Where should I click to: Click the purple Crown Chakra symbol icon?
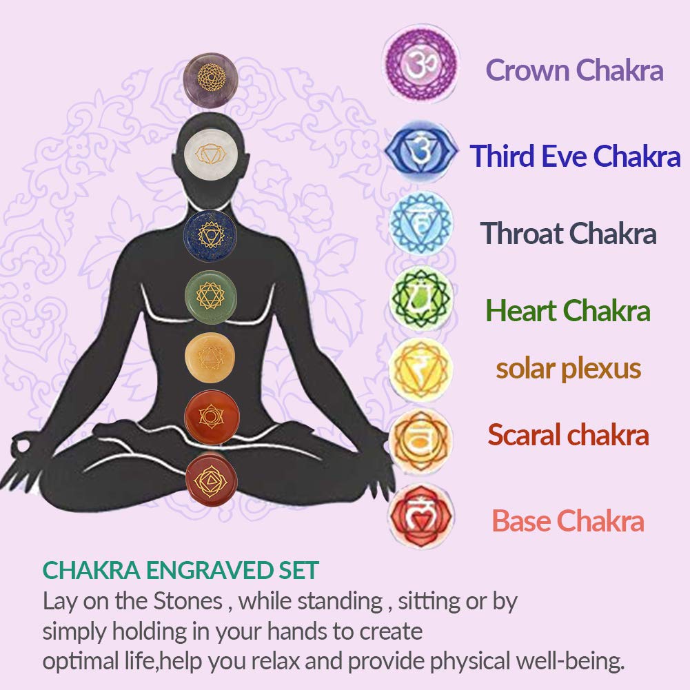(x=421, y=64)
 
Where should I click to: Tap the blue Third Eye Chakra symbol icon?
(x=421, y=151)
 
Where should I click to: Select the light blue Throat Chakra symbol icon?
(x=421, y=223)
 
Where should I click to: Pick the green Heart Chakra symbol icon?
(x=421, y=298)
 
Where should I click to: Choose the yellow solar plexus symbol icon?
(x=421, y=369)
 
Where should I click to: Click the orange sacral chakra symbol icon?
(x=421, y=440)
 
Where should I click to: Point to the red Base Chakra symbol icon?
(x=421, y=516)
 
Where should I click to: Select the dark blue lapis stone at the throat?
(x=210, y=236)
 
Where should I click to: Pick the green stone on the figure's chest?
(x=211, y=298)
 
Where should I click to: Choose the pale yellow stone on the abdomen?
(x=210, y=357)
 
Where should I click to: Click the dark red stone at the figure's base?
(x=212, y=480)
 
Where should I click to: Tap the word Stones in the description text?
(x=187, y=601)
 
